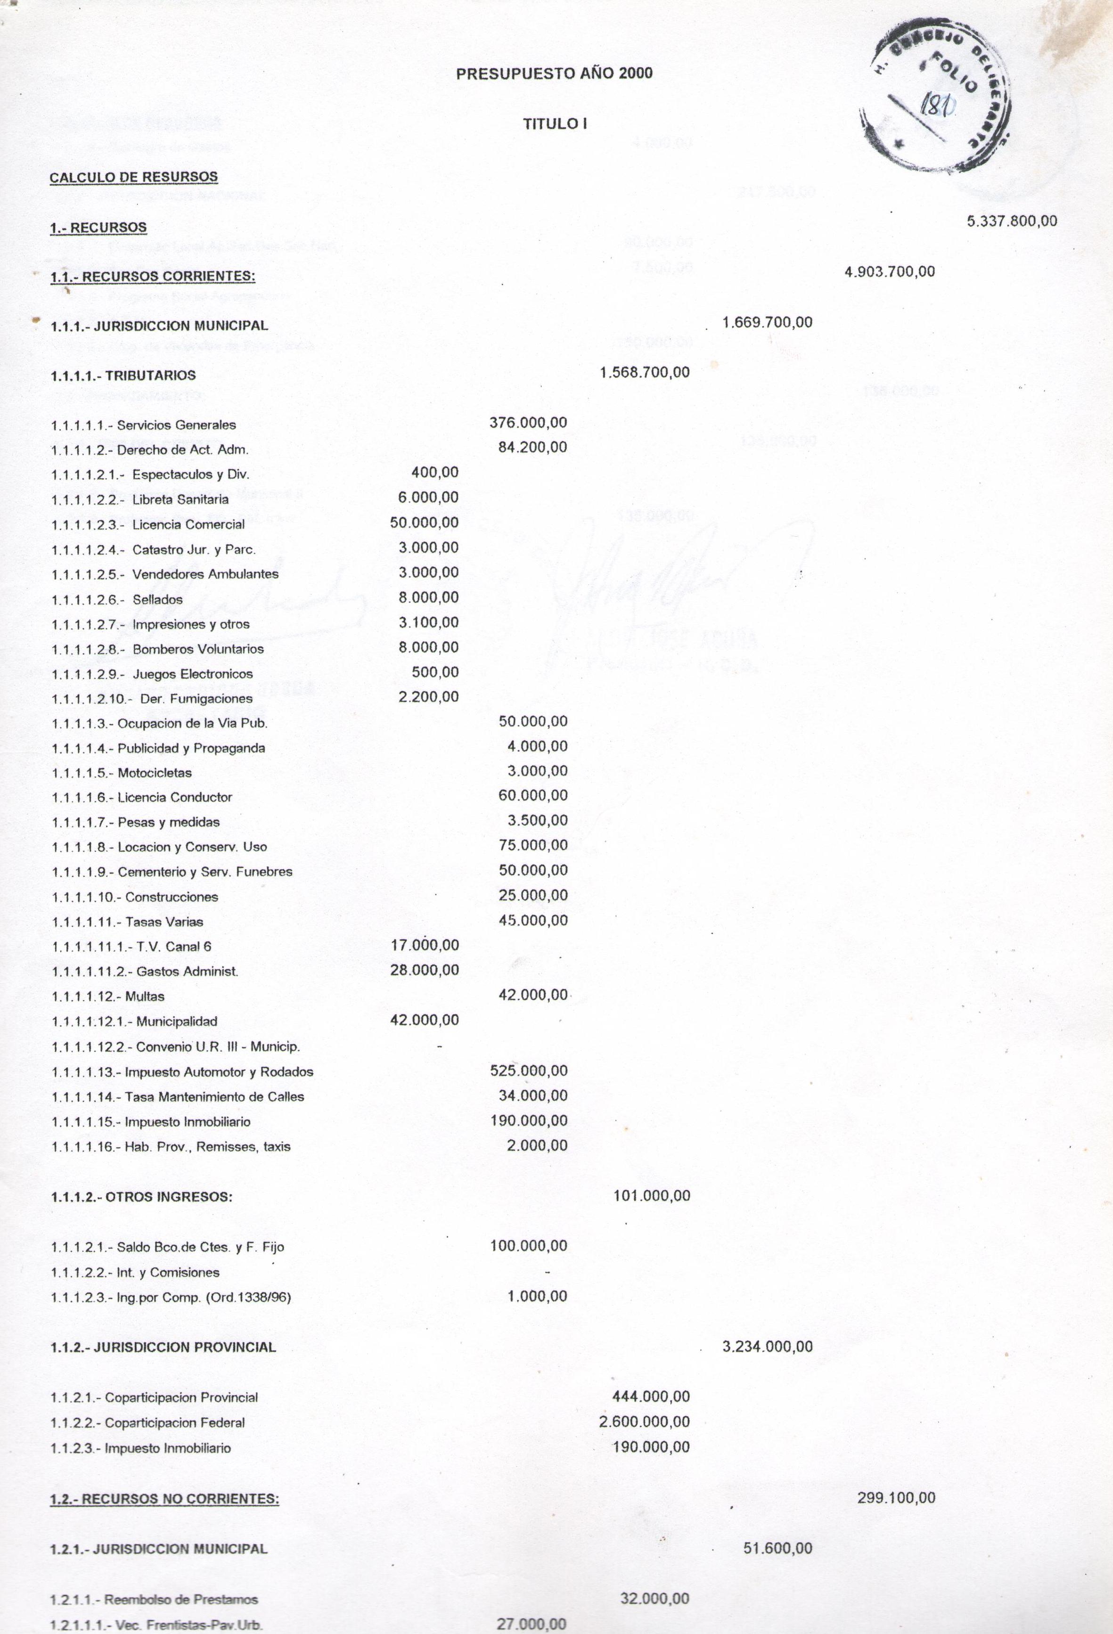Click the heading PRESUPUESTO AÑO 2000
(x=554, y=73)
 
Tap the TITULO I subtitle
(x=555, y=124)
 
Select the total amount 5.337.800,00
(x=1012, y=221)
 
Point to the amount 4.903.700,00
(x=890, y=271)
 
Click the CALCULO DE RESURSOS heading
(x=133, y=177)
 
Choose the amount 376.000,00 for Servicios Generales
(x=528, y=423)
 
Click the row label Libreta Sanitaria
(x=180, y=499)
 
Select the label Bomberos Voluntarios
(x=198, y=649)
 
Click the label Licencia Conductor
(x=174, y=797)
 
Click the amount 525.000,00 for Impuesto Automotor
(x=528, y=1071)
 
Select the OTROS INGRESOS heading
(x=169, y=1197)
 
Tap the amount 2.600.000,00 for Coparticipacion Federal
(x=644, y=1422)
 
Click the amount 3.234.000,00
(x=767, y=1347)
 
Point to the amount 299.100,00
(x=896, y=1498)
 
